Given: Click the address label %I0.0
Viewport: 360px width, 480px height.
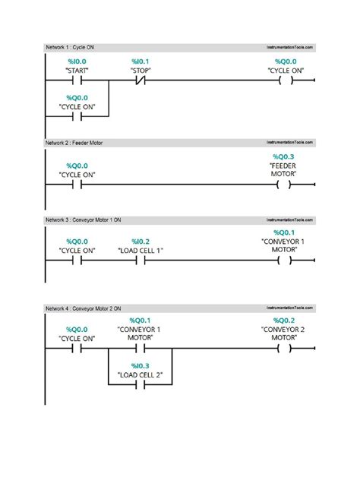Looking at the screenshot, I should tap(76, 60).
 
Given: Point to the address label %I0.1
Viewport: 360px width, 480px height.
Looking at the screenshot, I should tap(141, 60).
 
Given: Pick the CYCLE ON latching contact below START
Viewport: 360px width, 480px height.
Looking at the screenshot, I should tap(76, 116).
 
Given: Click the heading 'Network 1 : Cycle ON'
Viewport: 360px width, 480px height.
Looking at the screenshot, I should tap(70, 47).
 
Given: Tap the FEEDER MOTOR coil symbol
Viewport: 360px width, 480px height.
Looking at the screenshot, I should tap(285, 184).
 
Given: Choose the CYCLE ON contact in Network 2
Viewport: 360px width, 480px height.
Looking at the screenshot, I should tap(76, 184).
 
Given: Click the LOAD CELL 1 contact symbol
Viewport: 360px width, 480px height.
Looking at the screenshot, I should tap(141, 260).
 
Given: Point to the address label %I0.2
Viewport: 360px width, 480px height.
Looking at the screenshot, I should tap(141, 241).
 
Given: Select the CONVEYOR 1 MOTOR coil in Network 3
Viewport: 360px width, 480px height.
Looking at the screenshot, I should tap(285, 260).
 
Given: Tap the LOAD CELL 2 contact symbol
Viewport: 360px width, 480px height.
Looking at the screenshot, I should tap(141, 386).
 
